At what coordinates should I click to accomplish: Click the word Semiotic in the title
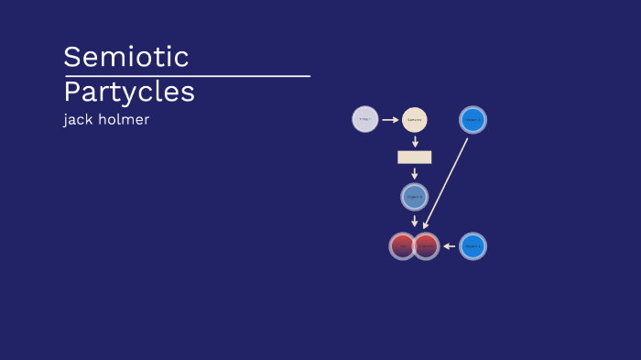click(125, 57)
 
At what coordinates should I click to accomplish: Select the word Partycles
click(129, 93)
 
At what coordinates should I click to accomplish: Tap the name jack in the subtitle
click(78, 119)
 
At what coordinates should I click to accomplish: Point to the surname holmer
click(124, 119)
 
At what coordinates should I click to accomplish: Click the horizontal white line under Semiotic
click(187, 76)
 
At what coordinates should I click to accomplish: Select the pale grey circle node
click(365, 119)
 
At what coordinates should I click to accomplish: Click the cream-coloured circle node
click(415, 119)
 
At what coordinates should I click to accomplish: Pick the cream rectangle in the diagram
click(415, 157)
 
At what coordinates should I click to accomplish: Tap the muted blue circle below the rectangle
click(415, 196)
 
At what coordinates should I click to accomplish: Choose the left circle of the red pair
click(402, 245)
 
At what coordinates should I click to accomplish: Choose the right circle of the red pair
click(427, 245)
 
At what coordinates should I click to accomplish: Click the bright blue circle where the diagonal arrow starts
click(473, 119)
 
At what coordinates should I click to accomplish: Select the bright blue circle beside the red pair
click(473, 245)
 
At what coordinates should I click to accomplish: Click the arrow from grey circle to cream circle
click(390, 119)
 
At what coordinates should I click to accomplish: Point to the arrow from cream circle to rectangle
click(415, 141)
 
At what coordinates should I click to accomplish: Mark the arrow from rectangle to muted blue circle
click(415, 173)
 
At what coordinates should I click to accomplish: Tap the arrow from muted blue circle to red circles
click(415, 220)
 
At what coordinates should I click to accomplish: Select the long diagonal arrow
click(446, 183)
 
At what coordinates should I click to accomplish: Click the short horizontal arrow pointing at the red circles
click(449, 245)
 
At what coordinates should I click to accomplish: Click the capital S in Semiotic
click(71, 57)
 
